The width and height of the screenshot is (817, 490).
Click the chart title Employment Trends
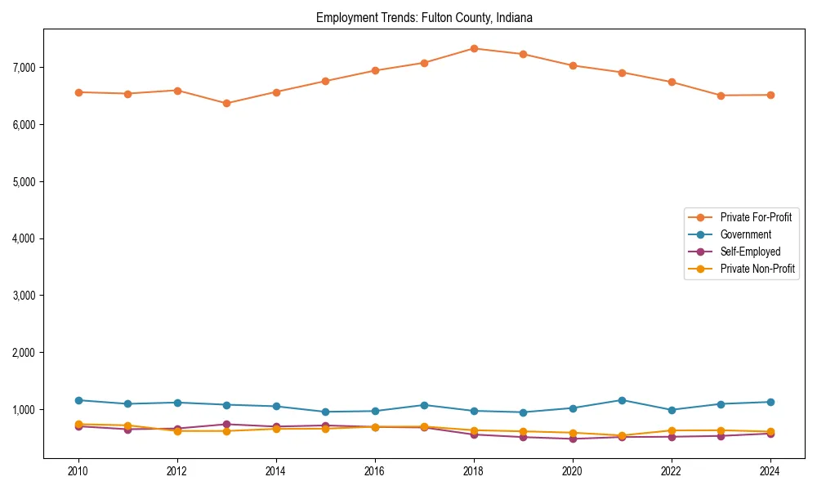(424, 17)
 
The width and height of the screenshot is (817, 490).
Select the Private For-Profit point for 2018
(474, 48)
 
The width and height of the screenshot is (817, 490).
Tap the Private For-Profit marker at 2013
(226, 104)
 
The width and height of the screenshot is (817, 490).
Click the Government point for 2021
(622, 400)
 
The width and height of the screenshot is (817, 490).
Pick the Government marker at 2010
(78, 400)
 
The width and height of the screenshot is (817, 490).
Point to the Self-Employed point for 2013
(226, 424)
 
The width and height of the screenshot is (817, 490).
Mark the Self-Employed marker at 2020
(573, 439)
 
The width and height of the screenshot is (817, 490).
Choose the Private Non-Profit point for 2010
(78, 425)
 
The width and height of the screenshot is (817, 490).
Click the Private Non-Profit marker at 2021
(622, 435)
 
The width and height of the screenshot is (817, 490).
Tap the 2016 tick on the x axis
(375, 471)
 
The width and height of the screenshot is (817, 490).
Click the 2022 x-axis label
(672, 471)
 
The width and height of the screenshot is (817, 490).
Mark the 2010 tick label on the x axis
(78, 471)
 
